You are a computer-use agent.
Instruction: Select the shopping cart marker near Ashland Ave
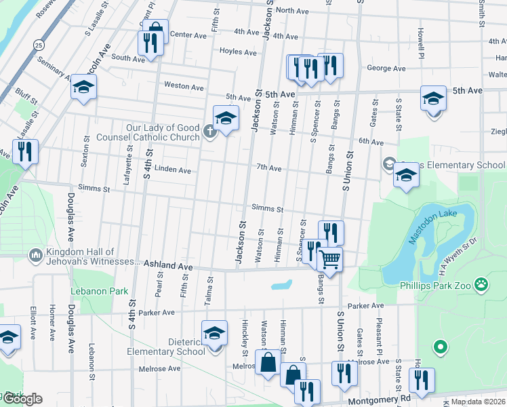(329, 259)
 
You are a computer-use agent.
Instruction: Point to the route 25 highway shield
(39, 44)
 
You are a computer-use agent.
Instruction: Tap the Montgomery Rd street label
(379, 401)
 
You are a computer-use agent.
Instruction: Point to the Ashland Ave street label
(166, 267)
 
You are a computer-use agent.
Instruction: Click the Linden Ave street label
(173, 170)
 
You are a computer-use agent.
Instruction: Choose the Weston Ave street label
(184, 87)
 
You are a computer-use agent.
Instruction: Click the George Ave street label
(386, 69)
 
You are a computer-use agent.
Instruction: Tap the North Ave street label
(293, 10)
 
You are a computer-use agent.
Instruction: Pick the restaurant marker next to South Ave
(150, 43)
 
